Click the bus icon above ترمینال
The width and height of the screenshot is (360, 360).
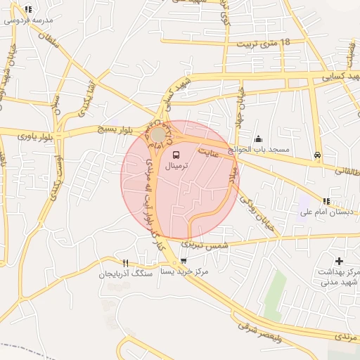tap(175, 155)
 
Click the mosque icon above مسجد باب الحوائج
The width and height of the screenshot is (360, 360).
tap(259, 139)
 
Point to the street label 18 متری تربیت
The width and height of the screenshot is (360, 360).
tap(265, 44)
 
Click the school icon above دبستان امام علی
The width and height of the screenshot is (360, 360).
tap(326, 202)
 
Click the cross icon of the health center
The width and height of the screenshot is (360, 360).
tap(339, 261)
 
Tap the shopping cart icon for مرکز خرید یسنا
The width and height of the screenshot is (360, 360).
tap(183, 260)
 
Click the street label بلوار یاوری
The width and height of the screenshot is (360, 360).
tap(34, 134)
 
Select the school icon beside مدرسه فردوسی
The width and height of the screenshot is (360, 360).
tap(28, 10)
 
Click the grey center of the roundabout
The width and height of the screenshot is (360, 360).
tap(159, 134)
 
